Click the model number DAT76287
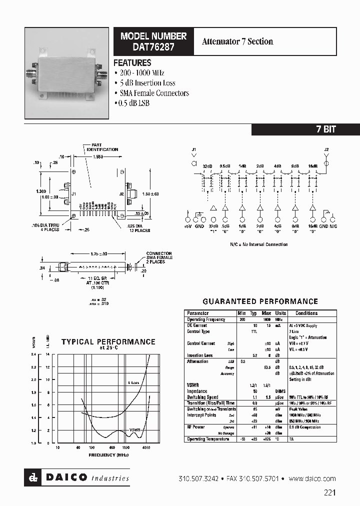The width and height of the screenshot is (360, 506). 153,48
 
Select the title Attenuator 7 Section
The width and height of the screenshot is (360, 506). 237,41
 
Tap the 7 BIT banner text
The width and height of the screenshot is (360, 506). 325,129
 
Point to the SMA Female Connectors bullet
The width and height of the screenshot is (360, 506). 153,93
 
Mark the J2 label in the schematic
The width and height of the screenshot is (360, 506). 326,149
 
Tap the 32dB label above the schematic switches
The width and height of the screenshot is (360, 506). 207,166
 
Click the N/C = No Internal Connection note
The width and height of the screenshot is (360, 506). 258,244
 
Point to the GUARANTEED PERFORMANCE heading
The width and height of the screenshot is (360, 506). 260,301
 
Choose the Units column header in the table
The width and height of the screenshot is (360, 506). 280,313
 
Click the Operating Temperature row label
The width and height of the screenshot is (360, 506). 208,439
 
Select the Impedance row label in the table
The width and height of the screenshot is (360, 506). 197,391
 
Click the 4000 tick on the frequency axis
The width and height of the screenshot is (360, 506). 145,447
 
